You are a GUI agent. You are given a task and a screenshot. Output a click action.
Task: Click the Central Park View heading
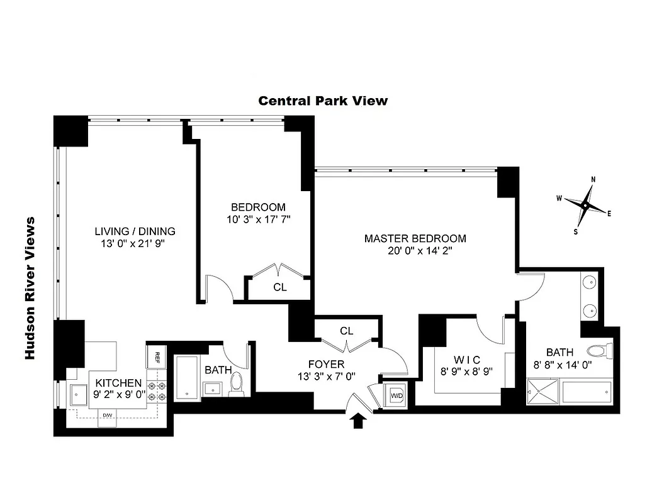pyautogui.click(x=323, y=101)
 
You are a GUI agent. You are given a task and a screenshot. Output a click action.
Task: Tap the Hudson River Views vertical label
pyautogui.click(x=29, y=289)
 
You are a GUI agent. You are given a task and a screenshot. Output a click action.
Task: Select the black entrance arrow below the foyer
pyautogui.click(x=357, y=421)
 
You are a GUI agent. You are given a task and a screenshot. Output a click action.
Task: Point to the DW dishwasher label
pyautogui.click(x=108, y=416)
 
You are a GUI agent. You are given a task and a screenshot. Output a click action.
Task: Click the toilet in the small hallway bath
pyautogui.click(x=237, y=383)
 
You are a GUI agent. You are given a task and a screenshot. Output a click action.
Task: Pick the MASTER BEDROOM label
pyautogui.click(x=415, y=238)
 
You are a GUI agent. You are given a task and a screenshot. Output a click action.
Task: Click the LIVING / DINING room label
pyautogui.click(x=135, y=231)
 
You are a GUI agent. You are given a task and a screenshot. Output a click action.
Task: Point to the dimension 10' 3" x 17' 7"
pyautogui.click(x=258, y=219)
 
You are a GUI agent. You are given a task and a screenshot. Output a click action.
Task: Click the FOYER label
pyautogui.click(x=326, y=364)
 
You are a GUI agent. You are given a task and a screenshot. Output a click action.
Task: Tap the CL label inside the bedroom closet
pyautogui.click(x=280, y=287)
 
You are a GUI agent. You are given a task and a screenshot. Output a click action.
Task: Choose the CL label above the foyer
pyautogui.click(x=346, y=331)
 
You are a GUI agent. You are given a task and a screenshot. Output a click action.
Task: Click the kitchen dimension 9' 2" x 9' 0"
pyautogui.click(x=118, y=395)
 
